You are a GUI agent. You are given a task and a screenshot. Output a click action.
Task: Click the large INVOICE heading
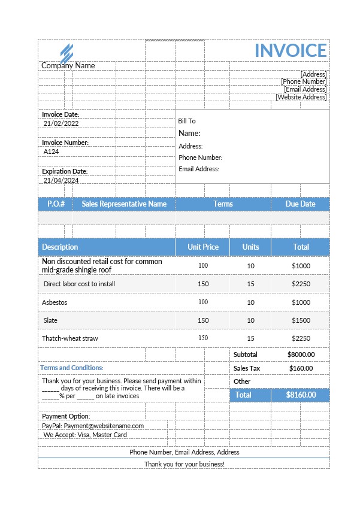pos(291,50)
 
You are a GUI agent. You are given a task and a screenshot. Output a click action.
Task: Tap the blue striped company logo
pos(66,52)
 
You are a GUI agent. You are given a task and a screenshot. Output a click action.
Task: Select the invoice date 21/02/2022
pos(61,123)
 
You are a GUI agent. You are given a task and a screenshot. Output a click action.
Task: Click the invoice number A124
pos(52,152)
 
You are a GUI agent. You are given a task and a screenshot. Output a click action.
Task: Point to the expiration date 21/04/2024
pos(61,180)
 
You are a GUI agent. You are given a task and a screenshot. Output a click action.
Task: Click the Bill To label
pos(187,121)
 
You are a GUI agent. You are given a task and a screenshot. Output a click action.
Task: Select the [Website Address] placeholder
pos(301,97)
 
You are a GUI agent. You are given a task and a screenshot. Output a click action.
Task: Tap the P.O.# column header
pos(56,204)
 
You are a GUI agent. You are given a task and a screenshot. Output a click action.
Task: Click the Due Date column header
pos(300,204)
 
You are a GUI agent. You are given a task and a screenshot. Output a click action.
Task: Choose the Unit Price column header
pos(203,247)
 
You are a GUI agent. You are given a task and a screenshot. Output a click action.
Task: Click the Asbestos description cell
pos(55,302)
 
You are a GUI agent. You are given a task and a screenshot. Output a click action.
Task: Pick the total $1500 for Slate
pos(301,320)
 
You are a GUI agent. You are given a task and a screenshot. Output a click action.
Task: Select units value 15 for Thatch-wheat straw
pos(250,338)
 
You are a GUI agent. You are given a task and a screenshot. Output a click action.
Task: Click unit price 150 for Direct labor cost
pos(203,284)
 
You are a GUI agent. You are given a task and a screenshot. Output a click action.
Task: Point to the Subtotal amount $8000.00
pos(301,355)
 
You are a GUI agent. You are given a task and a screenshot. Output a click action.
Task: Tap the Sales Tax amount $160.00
pos(301,368)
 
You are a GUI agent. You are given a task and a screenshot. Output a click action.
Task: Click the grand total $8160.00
pos(300,395)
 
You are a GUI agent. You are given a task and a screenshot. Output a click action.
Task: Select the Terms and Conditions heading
pos(71,368)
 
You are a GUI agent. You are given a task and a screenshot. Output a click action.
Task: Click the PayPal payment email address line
pos(93,426)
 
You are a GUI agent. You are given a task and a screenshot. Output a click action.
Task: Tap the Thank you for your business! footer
pos(184,464)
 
